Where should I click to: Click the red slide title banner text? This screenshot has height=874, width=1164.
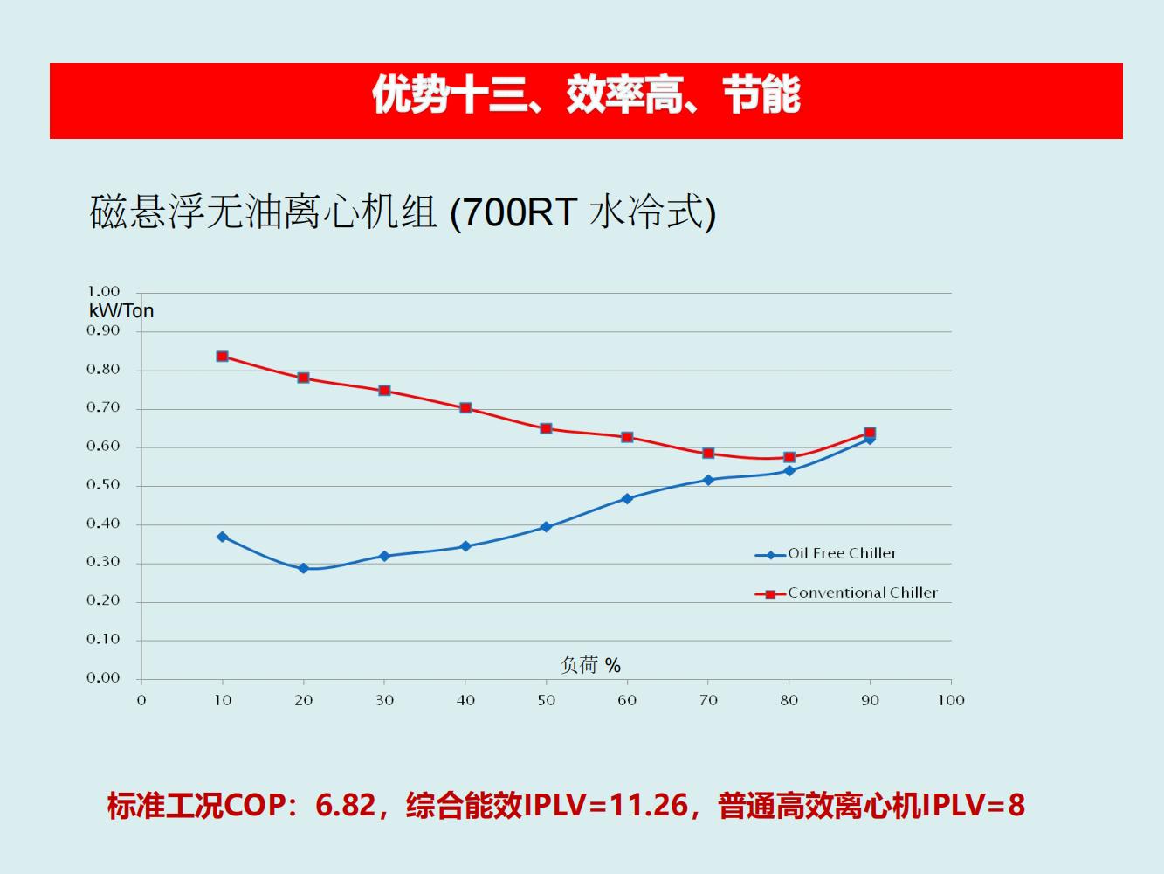(586, 94)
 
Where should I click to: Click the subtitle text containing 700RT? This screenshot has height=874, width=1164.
(403, 212)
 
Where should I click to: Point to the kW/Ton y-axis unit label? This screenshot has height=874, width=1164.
(121, 311)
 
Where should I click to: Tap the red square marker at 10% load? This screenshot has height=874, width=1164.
(223, 357)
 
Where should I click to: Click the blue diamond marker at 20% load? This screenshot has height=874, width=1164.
(304, 568)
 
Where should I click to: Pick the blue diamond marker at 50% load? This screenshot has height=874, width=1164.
(547, 527)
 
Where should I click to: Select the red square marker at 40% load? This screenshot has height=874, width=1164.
(465, 408)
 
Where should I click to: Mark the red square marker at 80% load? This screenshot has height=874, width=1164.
(789, 457)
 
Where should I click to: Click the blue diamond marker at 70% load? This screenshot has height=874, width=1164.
(708, 480)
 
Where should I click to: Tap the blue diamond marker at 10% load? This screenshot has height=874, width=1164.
(223, 537)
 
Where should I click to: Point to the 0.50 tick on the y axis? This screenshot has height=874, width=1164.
(103, 485)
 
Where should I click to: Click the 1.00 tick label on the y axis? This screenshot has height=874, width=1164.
(103, 291)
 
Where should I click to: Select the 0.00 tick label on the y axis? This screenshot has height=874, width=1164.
(103, 677)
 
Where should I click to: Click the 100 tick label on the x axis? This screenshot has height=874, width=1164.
(951, 700)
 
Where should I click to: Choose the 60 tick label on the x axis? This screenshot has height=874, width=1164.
(627, 700)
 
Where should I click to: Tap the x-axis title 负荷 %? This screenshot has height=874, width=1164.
(590, 666)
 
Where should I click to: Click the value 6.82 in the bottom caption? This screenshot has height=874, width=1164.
(345, 805)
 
